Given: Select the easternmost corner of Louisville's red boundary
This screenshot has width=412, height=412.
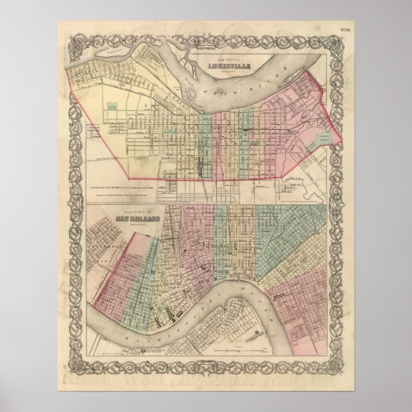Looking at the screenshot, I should (x=339, y=139).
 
